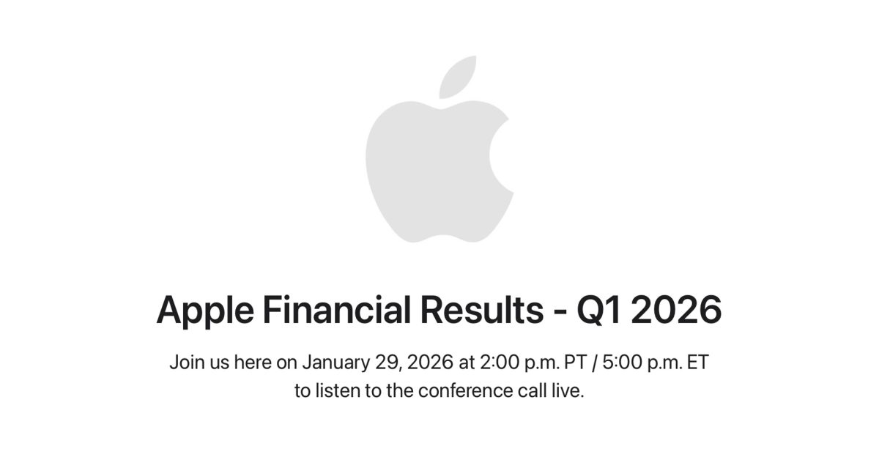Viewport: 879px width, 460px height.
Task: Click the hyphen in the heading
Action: (559, 312)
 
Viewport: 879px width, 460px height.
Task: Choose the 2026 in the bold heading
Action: (676, 311)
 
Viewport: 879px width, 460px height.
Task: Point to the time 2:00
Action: (499, 362)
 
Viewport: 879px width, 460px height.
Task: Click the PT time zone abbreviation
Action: (574, 362)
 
